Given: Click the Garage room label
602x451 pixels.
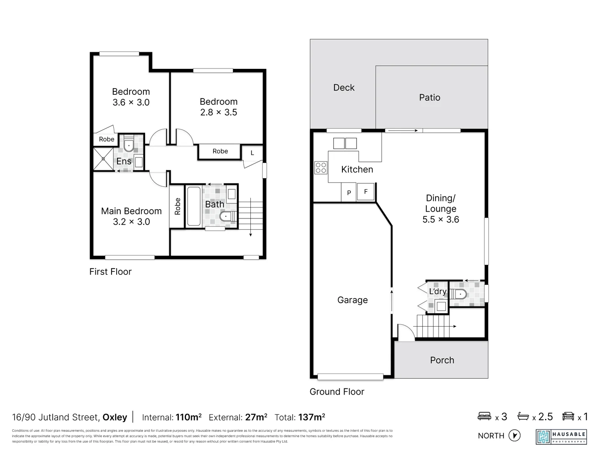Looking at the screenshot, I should [352, 300].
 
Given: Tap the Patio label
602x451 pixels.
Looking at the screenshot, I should [429, 97].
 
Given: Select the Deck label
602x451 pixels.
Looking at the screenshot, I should [344, 88].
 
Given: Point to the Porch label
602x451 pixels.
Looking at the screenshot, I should [442, 360].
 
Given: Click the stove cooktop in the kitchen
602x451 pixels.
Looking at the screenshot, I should [321, 168].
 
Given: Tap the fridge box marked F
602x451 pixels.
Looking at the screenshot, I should [366, 192].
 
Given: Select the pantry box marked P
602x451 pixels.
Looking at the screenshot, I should [349, 193].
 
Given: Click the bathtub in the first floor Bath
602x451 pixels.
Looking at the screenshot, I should [194, 206].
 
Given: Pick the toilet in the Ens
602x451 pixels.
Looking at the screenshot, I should [129, 144].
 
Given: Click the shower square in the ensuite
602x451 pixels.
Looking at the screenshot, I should [103, 159].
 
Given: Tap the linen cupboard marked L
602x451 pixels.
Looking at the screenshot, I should [252, 153].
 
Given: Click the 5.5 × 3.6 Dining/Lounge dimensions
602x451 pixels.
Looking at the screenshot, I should [441, 220].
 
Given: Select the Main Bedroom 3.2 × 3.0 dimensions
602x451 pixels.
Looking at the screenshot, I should [131, 222].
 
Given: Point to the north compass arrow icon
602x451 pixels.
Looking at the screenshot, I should [514, 436].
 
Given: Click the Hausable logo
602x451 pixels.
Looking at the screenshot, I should [561, 436].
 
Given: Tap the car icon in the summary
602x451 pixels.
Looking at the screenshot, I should [568, 416].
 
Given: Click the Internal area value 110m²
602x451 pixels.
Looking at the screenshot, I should [189, 417].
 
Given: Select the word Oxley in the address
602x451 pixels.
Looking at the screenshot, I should [115, 417].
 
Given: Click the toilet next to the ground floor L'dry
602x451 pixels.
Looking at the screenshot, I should [459, 294].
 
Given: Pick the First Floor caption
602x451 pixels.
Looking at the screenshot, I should [110, 271].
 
